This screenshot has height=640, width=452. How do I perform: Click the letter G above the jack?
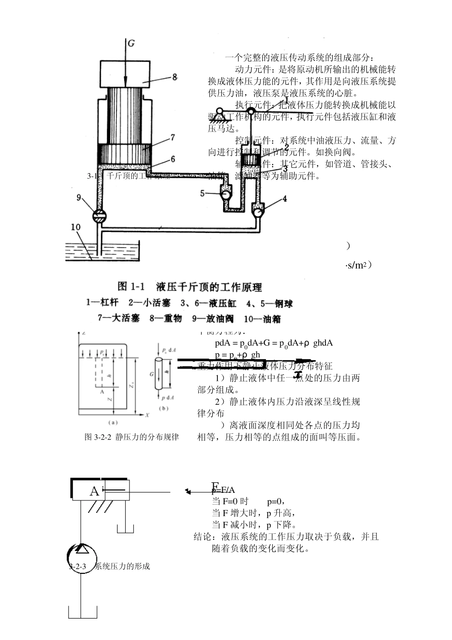coord(131,43)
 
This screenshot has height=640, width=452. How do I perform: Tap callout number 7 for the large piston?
coord(172,138)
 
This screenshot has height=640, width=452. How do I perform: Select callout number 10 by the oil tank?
coord(76,227)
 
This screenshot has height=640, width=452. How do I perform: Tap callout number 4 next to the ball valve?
coord(285,199)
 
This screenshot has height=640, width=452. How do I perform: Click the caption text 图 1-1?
coord(131,287)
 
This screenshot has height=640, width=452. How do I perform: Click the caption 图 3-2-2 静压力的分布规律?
coord(132,437)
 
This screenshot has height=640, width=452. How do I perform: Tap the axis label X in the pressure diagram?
coord(147,415)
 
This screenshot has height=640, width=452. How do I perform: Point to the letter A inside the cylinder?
coord(95,491)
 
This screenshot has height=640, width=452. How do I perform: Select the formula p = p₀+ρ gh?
coord(237,355)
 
